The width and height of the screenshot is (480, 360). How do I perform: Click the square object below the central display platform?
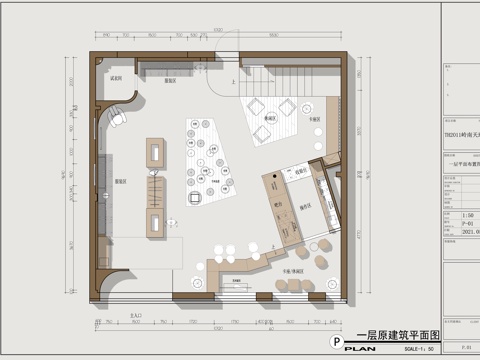[x=196, y=198]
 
